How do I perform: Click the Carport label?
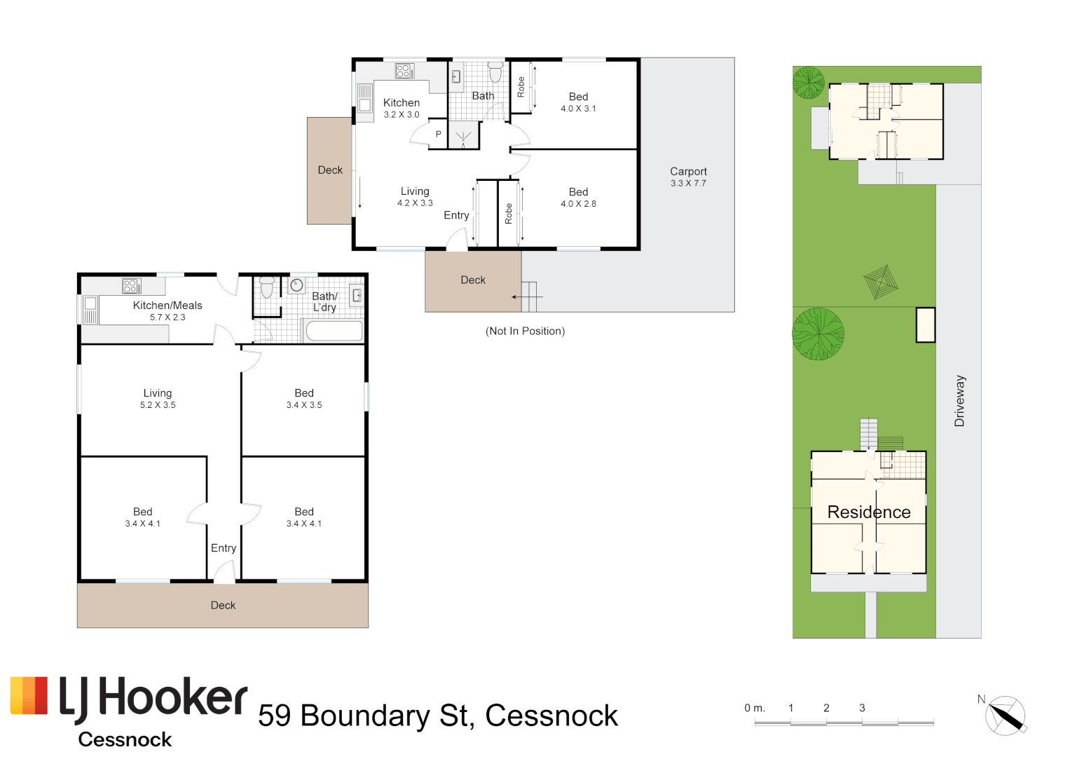pyautogui.click(x=688, y=172)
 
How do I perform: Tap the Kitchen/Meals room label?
pyautogui.click(x=167, y=306)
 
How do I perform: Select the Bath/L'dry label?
pyautogui.click(x=324, y=301)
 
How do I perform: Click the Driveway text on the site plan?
pyautogui.click(x=959, y=401)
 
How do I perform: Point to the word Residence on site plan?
pyautogui.click(x=869, y=512)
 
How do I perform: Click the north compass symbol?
pyautogui.click(x=1006, y=716)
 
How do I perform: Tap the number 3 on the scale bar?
pyautogui.click(x=862, y=708)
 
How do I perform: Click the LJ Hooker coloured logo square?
pyautogui.click(x=29, y=696)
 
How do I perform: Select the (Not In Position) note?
pyautogui.click(x=525, y=331)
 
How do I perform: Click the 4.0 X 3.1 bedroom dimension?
pyautogui.click(x=578, y=109)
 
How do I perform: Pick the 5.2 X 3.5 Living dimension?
pyautogui.click(x=158, y=405)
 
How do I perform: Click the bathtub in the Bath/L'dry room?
pyautogui.click(x=334, y=331)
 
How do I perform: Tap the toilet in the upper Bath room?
pyautogui.click(x=495, y=71)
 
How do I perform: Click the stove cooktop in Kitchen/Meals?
pyautogui.click(x=131, y=285)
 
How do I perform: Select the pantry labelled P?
pyautogui.click(x=439, y=134)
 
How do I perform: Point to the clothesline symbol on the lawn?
pyautogui.click(x=880, y=282)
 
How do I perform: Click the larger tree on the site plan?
pyautogui.click(x=818, y=334)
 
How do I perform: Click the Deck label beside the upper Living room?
pyautogui.click(x=330, y=170)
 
